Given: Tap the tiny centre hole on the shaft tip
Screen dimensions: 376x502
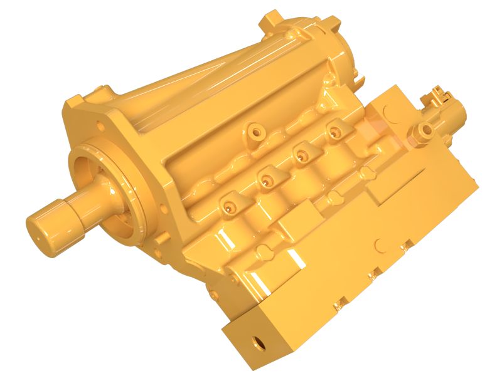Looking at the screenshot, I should pos(37,237).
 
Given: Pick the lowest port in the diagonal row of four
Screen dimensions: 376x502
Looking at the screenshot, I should pos(228,204).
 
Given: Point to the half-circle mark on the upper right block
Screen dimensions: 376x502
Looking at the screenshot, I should pos(388,110).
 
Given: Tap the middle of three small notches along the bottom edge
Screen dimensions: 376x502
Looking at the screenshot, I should pos(371,273).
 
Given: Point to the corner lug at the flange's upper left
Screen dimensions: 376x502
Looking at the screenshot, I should pos(74,100).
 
